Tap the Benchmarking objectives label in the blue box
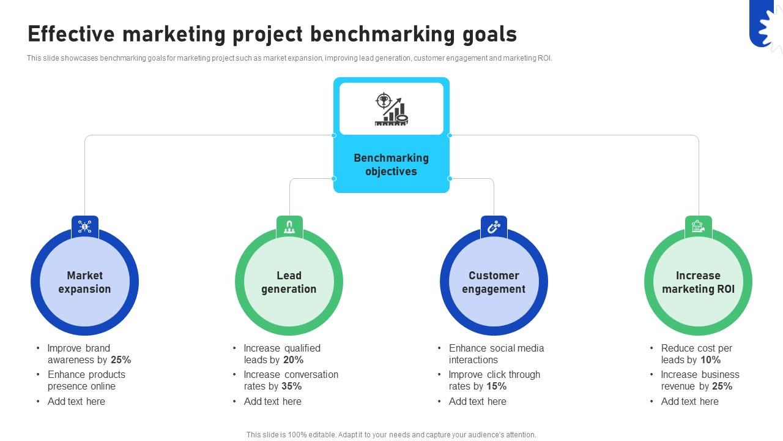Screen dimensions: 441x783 coord(391,165)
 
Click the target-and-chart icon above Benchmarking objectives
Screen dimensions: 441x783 coord(391,109)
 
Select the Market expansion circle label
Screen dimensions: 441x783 coord(84,282)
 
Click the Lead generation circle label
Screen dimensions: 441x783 coord(289,282)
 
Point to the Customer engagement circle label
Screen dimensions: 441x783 coord(494,282)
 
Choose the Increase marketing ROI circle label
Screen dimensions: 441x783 coord(698,282)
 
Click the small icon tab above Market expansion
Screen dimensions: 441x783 coord(84,227)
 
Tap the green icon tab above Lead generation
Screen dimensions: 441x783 coord(289,227)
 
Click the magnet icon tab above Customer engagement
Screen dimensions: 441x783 coord(494,227)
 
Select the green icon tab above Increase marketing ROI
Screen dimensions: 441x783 coord(698,227)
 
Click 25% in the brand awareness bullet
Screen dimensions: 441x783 coord(121,360)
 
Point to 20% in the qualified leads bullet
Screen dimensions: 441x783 coord(294,360)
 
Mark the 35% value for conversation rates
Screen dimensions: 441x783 coord(292,386)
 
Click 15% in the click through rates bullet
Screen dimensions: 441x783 coord(497,386)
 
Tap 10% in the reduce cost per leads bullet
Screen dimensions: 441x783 coord(710,360)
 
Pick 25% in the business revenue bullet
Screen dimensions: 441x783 coord(722,386)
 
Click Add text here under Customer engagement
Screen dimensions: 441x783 coord(478,402)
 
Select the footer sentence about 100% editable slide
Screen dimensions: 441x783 coord(391,435)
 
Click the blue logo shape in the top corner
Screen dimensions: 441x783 coord(765,23)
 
